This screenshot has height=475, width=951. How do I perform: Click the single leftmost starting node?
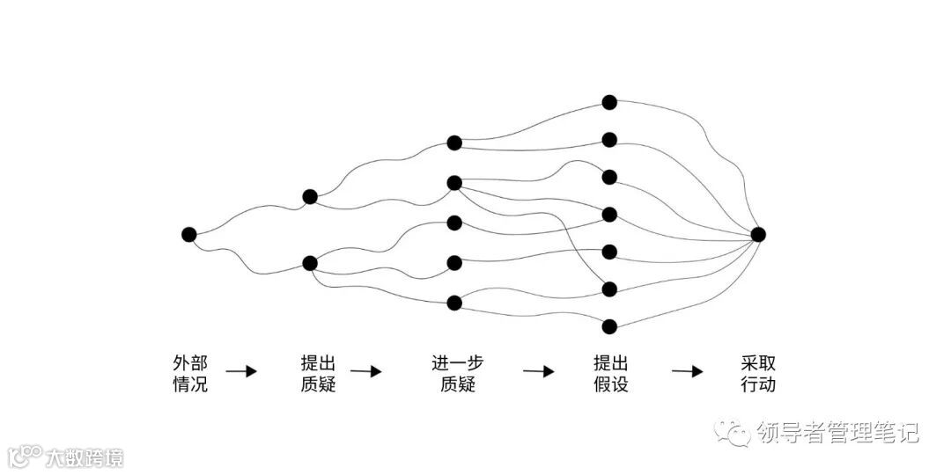(x=188, y=234)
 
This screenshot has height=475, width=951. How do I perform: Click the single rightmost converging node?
(x=758, y=234)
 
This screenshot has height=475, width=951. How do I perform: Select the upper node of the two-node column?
(x=310, y=197)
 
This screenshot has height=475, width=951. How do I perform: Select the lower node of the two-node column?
(x=310, y=263)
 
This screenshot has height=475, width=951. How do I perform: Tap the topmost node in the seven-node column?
(x=608, y=102)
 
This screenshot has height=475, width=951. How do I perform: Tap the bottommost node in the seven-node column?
(x=608, y=326)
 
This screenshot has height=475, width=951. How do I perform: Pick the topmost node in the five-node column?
(x=454, y=142)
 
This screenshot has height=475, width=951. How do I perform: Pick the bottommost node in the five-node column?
(x=454, y=303)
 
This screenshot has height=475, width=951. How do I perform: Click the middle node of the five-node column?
(x=454, y=223)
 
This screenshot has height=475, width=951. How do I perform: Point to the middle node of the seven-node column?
(x=608, y=214)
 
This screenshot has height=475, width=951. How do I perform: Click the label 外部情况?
(x=190, y=373)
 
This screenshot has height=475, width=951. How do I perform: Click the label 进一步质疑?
(x=457, y=373)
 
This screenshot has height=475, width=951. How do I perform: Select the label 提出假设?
(x=610, y=373)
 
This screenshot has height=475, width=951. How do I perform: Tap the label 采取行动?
(x=758, y=373)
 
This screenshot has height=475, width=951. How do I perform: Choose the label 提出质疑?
(x=318, y=373)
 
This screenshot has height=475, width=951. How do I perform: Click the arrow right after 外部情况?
(x=241, y=371)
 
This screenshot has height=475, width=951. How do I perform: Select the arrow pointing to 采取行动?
(x=688, y=371)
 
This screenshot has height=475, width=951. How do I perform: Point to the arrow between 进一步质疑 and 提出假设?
(x=539, y=371)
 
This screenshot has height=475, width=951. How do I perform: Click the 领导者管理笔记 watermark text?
(x=837, y=433)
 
